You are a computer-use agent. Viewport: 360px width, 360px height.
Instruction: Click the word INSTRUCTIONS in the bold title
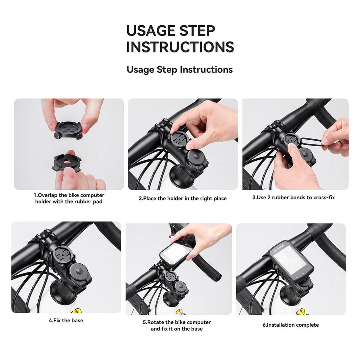(180, 47)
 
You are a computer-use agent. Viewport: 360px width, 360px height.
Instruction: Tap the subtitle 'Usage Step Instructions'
(180, 70)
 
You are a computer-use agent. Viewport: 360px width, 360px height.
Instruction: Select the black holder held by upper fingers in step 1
(69, 130)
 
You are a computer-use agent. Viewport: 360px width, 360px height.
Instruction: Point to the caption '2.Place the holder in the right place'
(182, 199)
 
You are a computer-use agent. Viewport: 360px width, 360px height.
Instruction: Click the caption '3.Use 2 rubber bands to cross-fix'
(294, 198)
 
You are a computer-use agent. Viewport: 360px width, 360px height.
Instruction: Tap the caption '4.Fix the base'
(66, 321)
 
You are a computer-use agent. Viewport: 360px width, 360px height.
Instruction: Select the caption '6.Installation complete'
(290, 325)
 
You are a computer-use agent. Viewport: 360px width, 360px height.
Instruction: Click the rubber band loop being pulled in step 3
(311, 143)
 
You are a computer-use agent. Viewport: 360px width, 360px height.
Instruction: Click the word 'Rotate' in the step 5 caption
(156, 322)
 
